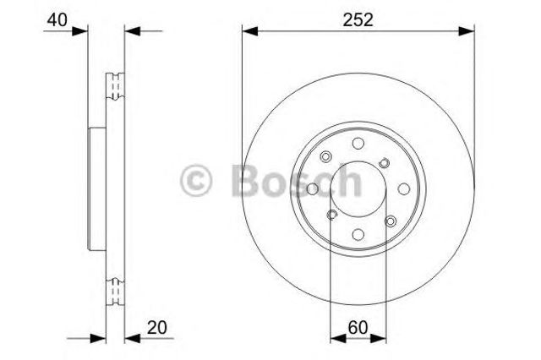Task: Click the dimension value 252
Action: pyautogui.click(x=358, y=20)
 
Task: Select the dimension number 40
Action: pyautogui.click(x=57, y=20)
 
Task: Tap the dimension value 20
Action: pyautogui.click(x=157, y=327)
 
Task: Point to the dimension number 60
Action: pyautogui.click(x=358, y=327)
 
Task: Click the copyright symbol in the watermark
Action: pyautogui.click(x=195, y=180)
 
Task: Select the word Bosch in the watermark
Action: pyautogui.click(x=297, y=180)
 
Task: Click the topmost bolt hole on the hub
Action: pyautogui.click(x=358, y=143)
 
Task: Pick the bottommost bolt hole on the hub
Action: pyautogui.click(x=358, y=234)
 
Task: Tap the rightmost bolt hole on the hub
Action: pyautogui.click(x=404, y=189)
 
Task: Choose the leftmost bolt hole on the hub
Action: pyautogui.click(x=313, y=189)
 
